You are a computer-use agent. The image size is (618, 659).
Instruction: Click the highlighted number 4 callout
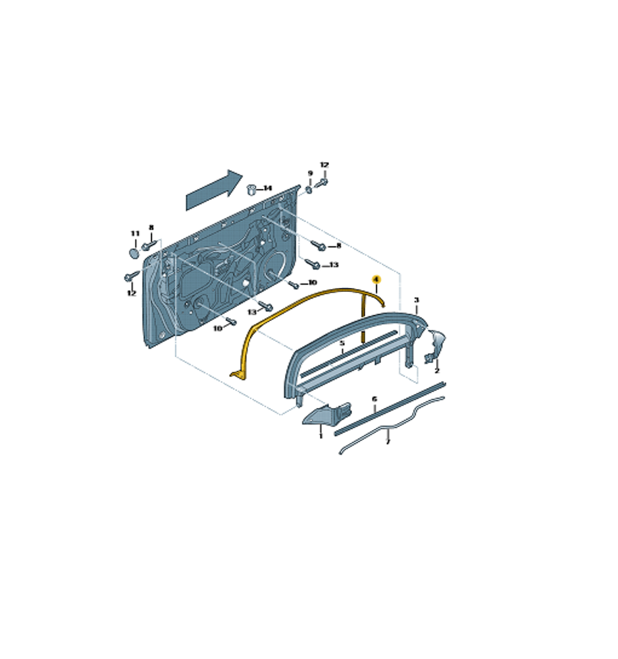click(376, 279)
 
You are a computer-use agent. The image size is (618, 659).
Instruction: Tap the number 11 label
click(135, 234)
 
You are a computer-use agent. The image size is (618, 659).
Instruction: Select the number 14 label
click(267, 188)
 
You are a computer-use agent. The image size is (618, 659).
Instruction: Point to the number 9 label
click(310, 173)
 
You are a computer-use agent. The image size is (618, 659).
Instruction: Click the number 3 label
click(417, 300)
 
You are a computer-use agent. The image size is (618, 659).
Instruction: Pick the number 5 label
click(342, 343)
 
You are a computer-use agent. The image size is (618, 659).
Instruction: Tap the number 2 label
click(436, 370)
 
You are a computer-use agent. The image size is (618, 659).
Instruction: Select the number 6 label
click(374, 399)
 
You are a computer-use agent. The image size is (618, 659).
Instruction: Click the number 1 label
click(321, 436)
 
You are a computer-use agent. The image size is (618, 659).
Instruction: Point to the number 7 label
click(388, 442)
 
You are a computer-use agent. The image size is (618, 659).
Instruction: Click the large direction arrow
click(214, 190)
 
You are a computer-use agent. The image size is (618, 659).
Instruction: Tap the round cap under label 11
click(134, 253)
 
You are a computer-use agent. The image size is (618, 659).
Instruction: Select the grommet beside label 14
click(251, 189)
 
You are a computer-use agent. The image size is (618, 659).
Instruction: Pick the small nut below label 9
click(309, 190)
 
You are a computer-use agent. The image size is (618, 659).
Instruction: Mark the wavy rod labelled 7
click(392, 426)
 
